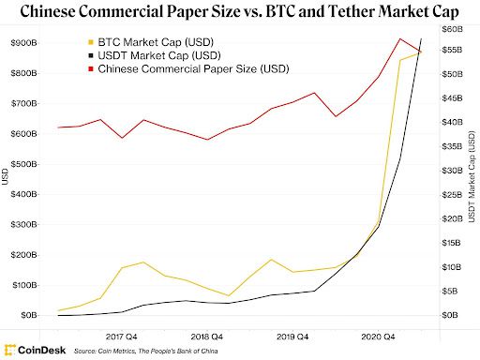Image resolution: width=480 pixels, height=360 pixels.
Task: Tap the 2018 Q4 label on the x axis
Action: (x=206, y=333)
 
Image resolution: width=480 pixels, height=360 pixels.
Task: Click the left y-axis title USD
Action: (x=7, y=176)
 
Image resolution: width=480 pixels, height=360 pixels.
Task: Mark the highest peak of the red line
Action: (x=400, y=38)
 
